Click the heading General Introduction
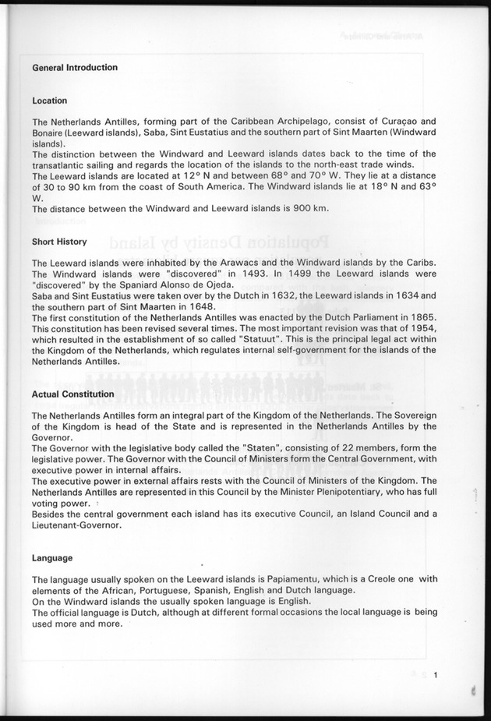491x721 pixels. tap(75, 68)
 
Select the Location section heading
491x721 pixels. tap(49, 101)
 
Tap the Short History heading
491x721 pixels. tap(59, 242)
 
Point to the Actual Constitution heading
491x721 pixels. tap(73, 394)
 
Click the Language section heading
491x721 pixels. tap(52, 558)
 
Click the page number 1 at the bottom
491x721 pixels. tap(437, 687)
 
